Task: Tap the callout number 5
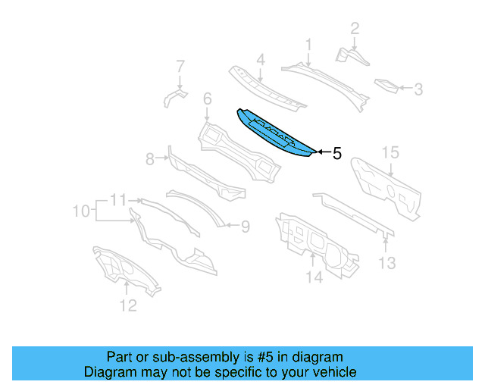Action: coord(336,153)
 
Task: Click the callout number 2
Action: coord(355,30)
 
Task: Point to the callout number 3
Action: coord(418,89)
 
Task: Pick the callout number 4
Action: coord(260,60)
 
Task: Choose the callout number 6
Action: coord(207,99)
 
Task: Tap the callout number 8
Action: coord(150,158)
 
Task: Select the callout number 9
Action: coord(245,225)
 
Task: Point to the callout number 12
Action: coord(128,305)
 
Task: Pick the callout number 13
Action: coord(387,263)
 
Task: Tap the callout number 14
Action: coord(314,278)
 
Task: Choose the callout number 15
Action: coord(390,153)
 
